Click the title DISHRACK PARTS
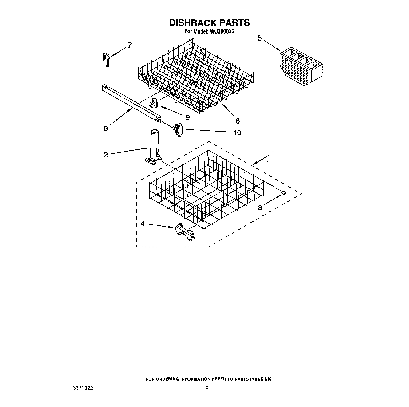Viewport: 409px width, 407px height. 209,23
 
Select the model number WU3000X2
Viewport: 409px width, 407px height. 222,31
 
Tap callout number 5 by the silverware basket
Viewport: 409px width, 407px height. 260,38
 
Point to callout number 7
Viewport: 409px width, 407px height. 129,45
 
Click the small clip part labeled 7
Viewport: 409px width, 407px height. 106,59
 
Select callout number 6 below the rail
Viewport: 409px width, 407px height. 106,128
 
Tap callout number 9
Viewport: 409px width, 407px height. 187,117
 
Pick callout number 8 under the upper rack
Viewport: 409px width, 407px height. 237,121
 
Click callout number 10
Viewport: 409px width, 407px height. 237,132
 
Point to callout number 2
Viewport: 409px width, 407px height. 106,155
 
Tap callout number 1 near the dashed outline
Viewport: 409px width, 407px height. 272,153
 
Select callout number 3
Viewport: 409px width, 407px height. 260,208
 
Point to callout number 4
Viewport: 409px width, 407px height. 142,223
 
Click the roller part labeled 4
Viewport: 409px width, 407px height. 185,232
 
